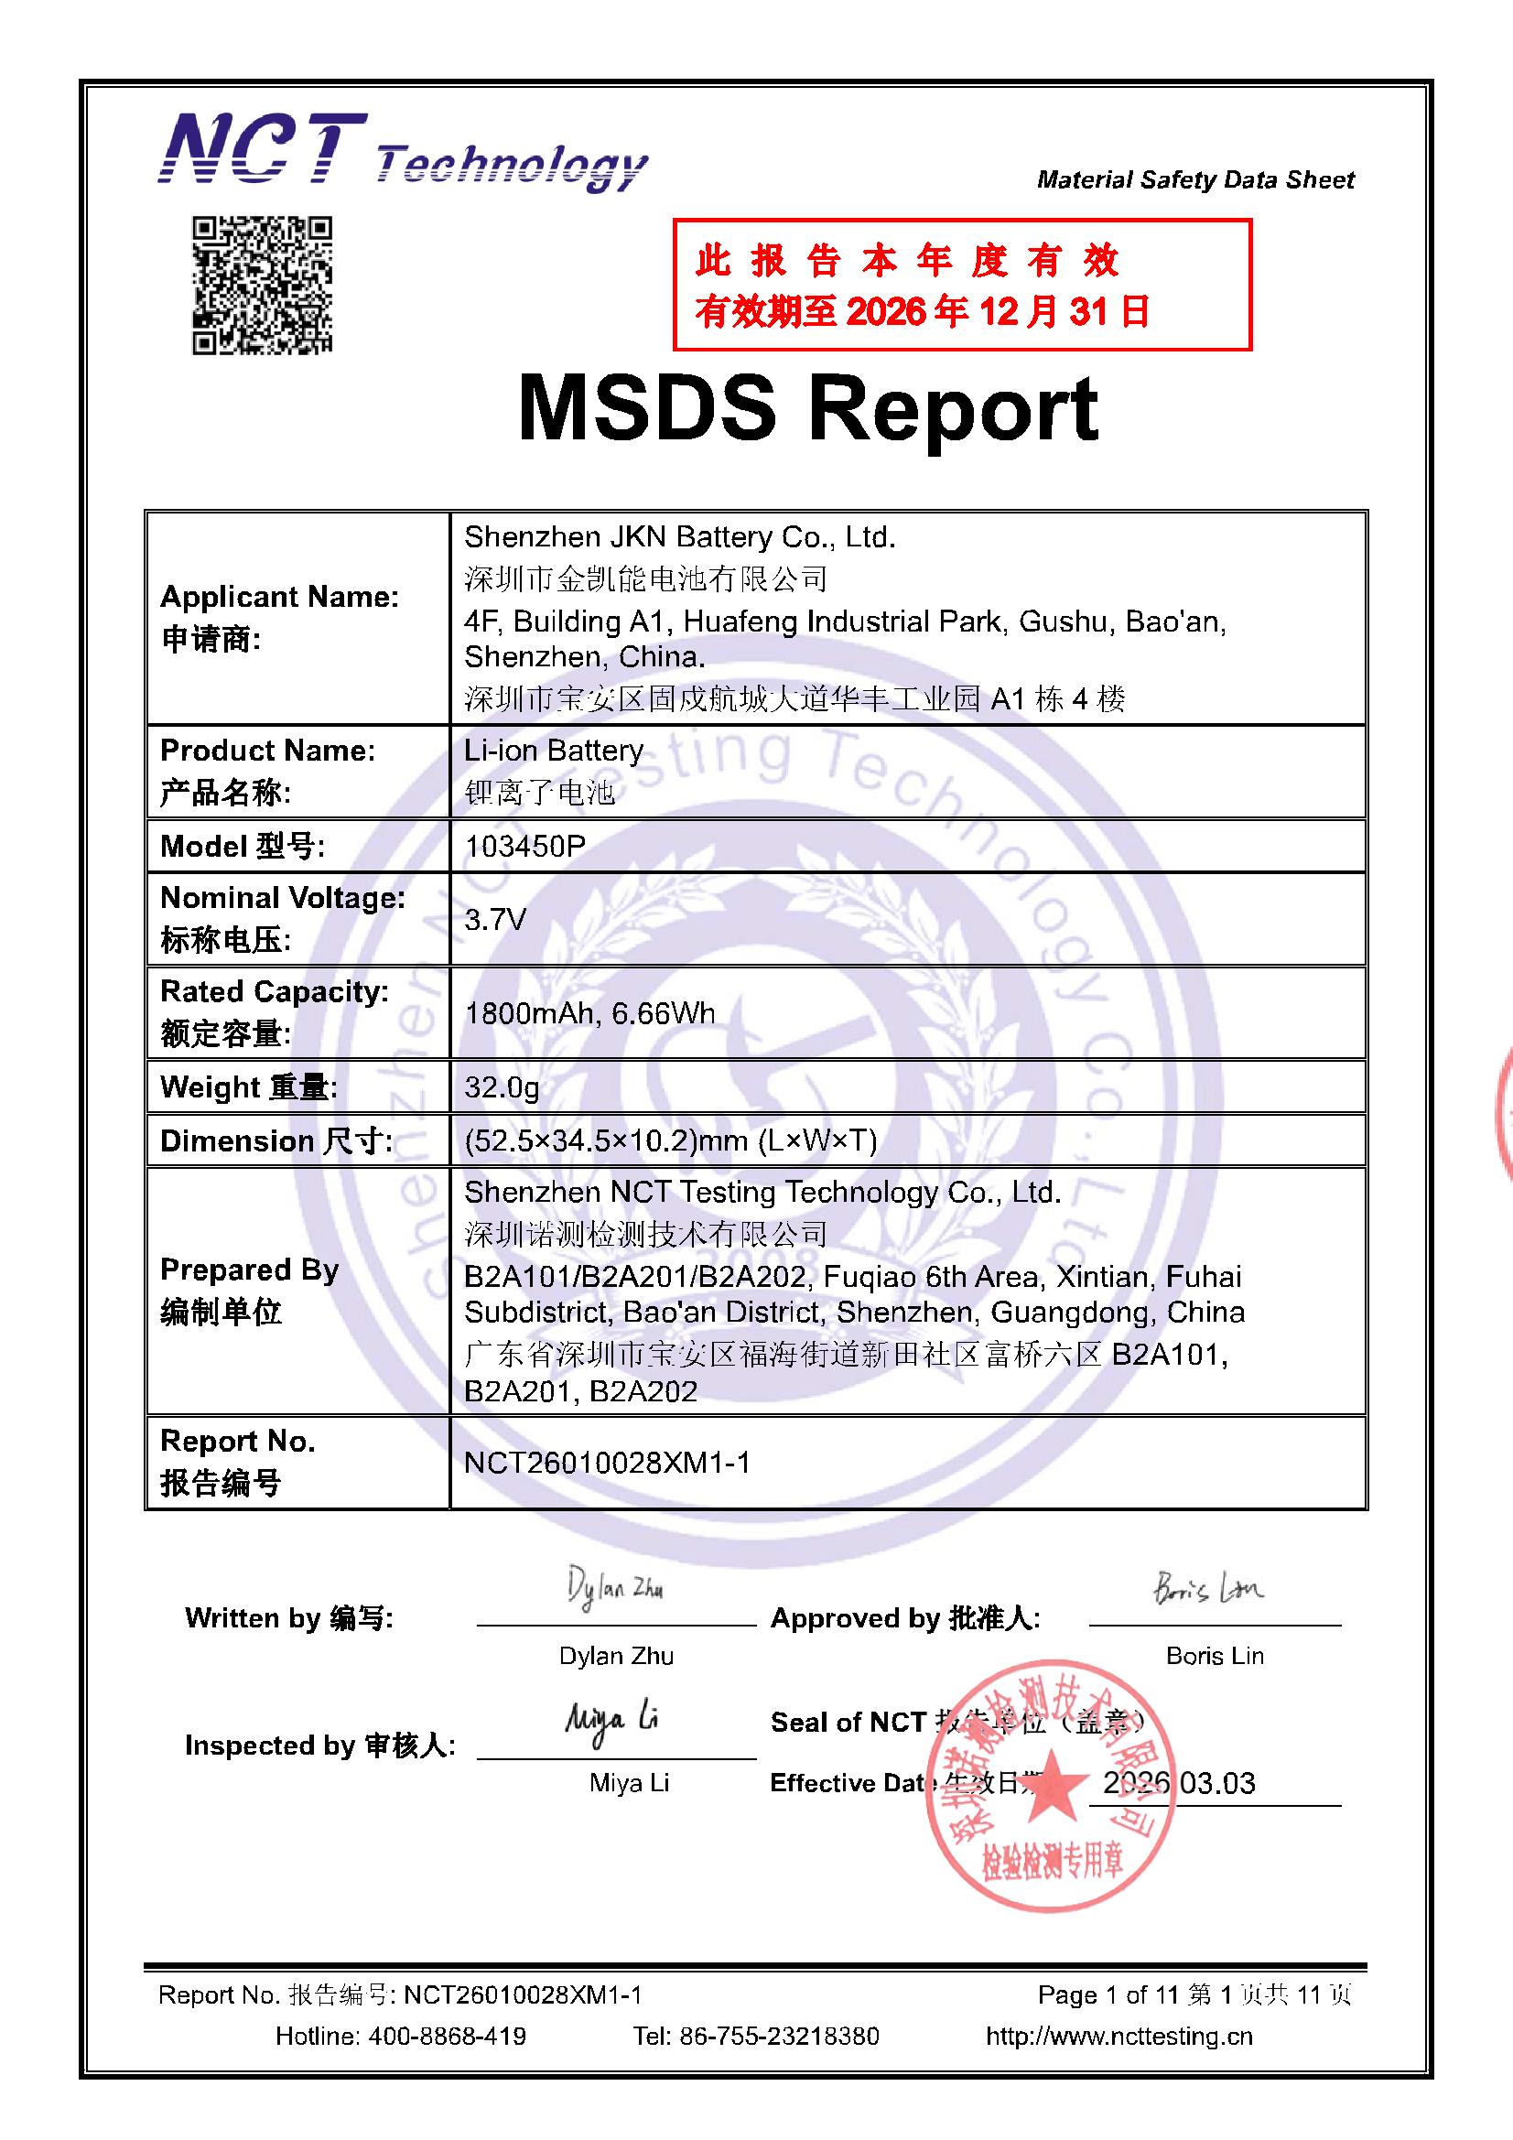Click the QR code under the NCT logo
point(262,286)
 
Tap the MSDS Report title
point(807,409)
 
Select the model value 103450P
point(524,847)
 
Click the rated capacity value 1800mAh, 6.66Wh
point(589,1013)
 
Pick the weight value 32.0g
point(502,1086)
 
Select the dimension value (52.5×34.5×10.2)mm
point(670,1140)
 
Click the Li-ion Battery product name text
point(554,751)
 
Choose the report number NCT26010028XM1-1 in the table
point(607,1463)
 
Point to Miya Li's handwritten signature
point(611,1720)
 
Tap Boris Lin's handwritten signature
point(1207,1587)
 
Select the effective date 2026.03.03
point(1178,1783)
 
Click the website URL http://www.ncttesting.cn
point(1119,2037)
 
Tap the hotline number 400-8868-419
point(447,2037)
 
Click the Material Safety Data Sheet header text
point(1195,180)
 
